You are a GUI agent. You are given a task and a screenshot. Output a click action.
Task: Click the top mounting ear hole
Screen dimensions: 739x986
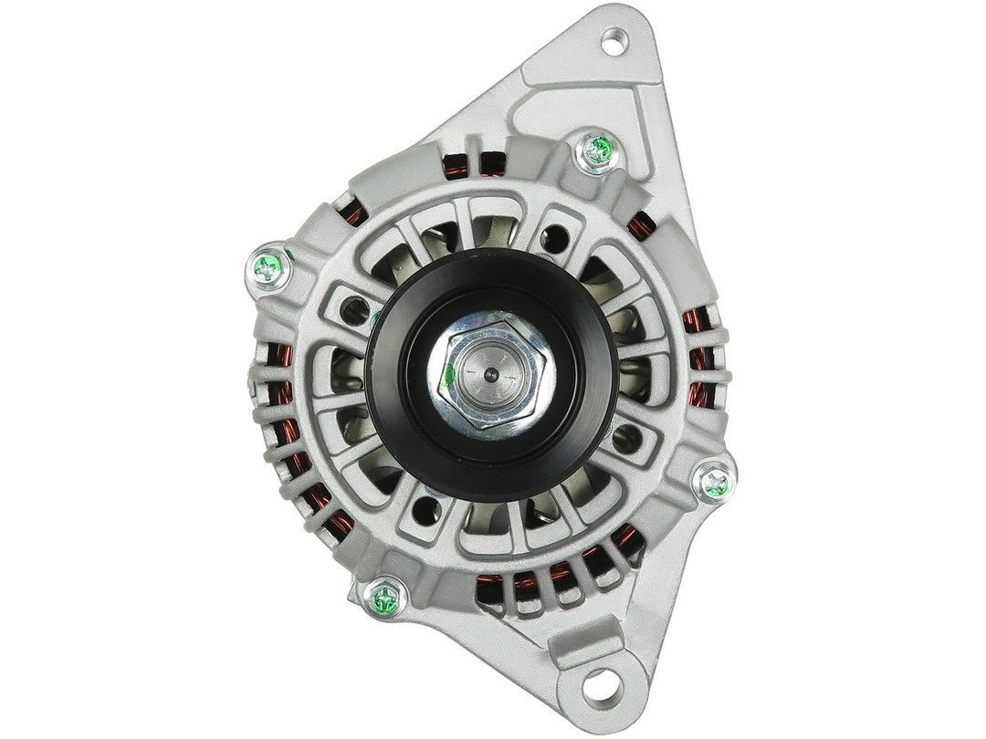pyautogui.click(x=614, y=41)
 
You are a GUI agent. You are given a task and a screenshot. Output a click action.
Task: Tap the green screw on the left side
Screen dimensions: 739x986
pyautogui.click(x=268, y=266)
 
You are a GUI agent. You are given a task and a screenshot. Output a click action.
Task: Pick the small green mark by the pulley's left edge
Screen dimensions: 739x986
pyautogui.click(x=375, y=318)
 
